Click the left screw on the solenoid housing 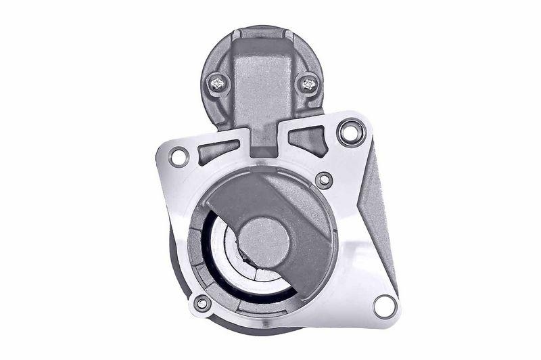pyautogui.click(x=218, y=83)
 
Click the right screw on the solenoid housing pyautogui.click(x=309, y=84)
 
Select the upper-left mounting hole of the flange pyautogui.click(x=179, y=158)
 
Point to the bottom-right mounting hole pyautogui.click(x=383, y=306)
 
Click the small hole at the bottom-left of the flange pyautogui.click(x=201, y=303)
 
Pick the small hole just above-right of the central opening pyautogui.click(x=325, y=180)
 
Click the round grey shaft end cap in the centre pyautogui.click(x=264, y=240)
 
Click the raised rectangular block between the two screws pyautogui.click(x=262, y=74)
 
